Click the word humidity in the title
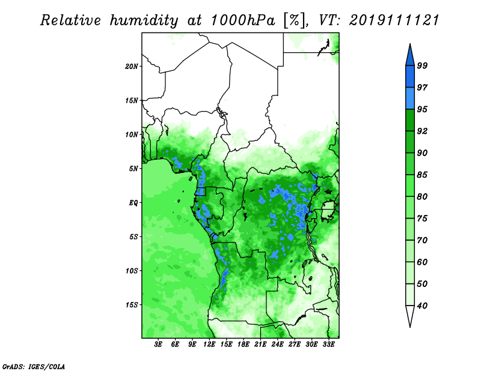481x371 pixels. click(x=144, y=20)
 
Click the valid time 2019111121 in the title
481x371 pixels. click(x=394, y=20)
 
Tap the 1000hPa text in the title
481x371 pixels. click(x=242, y=20)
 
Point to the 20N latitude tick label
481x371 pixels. click(x=131, y=67)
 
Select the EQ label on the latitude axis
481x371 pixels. click(x=133, y=203)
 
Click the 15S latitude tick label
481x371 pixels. click(x=131, y=305)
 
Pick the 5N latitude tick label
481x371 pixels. click(x=133, y=169)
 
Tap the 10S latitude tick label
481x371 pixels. click(x=131, y=271)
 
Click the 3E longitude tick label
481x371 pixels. click(x=158, y=345)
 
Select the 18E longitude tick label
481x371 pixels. click(x=244, y=345)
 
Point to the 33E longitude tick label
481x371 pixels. click(x=328, y=345)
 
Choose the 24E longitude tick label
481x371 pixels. click(x=277, y=345)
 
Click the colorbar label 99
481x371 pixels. click(x=422, y=65)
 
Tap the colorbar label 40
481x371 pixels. click(x=422, y=306)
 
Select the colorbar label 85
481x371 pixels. click(x=422, y=175)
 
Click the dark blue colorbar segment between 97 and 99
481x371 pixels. click(x=410, y=77)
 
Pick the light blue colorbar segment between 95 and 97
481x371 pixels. click(x=410, y=98)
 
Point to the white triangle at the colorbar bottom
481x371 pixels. click(x=410, y=314)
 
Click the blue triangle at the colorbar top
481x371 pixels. click(x=410, y=56)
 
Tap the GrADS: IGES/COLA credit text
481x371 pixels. click(x=34, y=366)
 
